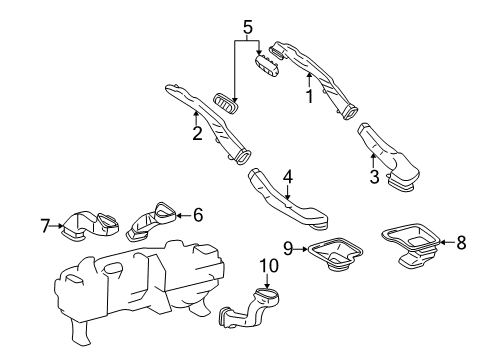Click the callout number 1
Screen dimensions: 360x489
pyautogui.click(x=309, y=98)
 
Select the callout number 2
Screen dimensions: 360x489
pyautogui.click(x=198, y=134)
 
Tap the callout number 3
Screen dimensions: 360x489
pyautogui.click(x=375, y=177)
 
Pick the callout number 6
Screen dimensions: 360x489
pyautogui.click(x=198, y=213)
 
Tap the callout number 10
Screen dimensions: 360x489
pyautogui.click(x=267, y=266)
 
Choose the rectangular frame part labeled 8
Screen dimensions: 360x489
pyautogui.click(x=415, y=245)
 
